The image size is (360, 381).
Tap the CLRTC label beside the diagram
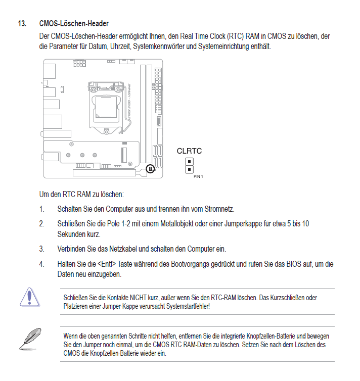(x=189, y=151)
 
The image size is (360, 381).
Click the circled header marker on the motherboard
(x=150, y=169)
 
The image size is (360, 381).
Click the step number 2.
(x=41, y=223)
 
